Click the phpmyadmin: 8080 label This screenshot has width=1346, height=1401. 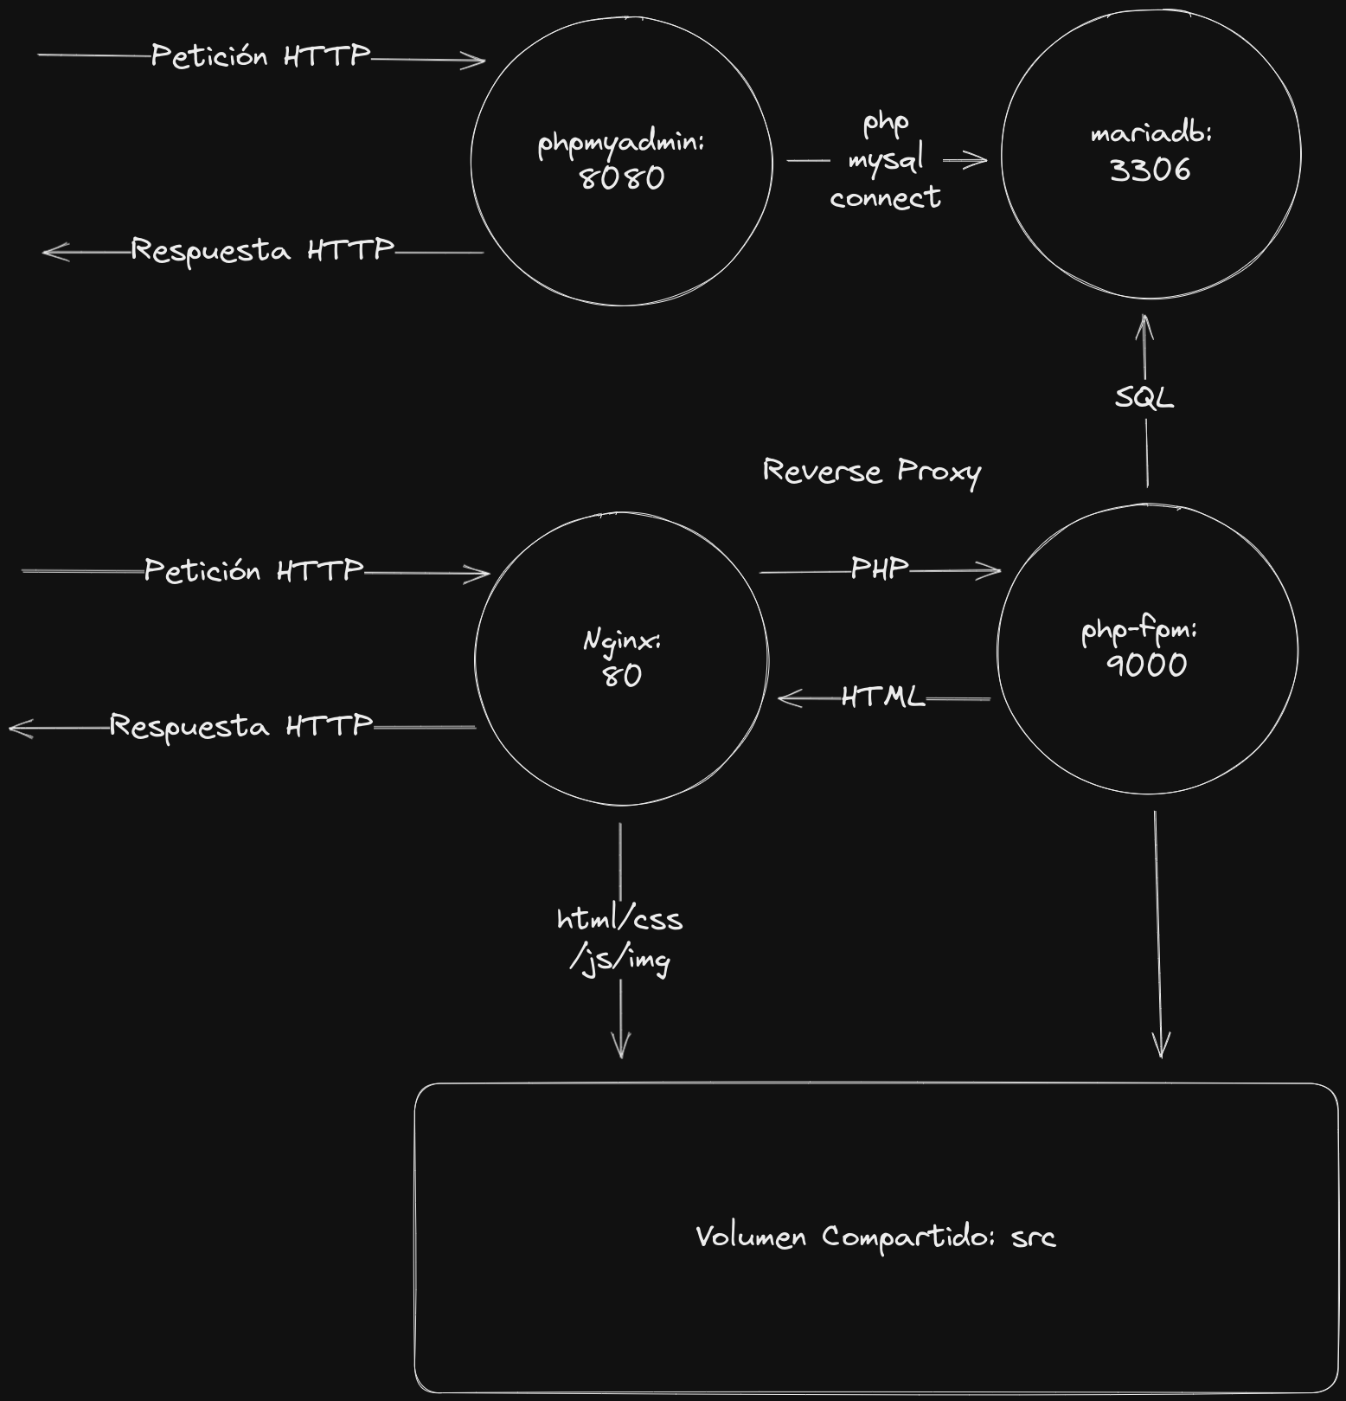point(621,160)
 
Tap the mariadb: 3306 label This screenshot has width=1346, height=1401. point(1151,152)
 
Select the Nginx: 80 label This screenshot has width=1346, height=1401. point(622,658)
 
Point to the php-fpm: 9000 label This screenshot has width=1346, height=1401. point(1141,647)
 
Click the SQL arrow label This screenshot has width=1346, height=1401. point(1144,398)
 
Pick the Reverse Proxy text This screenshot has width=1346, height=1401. point(871,472)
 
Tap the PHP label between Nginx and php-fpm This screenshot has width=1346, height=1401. point(880,569)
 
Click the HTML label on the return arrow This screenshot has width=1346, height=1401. point(882,697)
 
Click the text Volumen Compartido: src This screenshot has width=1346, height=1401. point(875,1237)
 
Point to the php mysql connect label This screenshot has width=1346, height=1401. point(885,160)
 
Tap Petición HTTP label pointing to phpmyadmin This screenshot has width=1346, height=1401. point(260,56)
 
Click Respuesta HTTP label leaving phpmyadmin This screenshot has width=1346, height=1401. point(262,251)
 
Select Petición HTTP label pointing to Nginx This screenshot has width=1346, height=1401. point(253,570)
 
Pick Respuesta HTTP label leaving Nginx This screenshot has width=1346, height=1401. point(241,726)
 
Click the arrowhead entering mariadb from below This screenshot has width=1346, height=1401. point(1144,320)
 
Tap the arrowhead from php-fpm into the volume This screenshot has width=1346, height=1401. point(1161,1051)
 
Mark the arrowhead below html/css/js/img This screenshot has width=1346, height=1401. point(621,1051)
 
